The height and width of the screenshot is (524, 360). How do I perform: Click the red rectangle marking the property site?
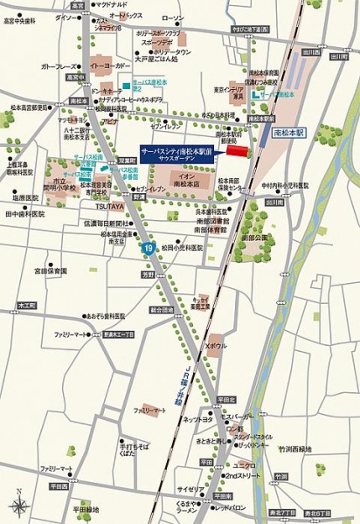tap(238, 152)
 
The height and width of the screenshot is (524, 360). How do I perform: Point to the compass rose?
tap(18, 504)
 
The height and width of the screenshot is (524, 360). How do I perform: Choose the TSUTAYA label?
tap(110, 206)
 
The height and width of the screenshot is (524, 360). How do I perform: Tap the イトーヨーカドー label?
tap(110, 65)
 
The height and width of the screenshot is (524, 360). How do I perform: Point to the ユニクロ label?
tap(243, 464)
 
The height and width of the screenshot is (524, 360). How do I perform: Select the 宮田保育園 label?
tap(52, 271)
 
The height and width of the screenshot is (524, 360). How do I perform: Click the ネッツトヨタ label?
tap(198, 420)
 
